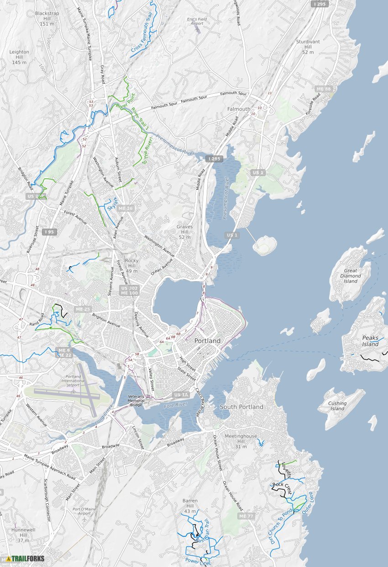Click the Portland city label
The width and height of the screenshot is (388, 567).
[x=207, y=341]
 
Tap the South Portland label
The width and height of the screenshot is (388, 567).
[x=241, y=407]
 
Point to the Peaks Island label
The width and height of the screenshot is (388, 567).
[x=371, y=341]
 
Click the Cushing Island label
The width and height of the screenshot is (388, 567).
[x=337, y=406]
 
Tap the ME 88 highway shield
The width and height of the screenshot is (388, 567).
[x=323, y=89]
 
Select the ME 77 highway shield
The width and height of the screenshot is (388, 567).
[x=246, y=516]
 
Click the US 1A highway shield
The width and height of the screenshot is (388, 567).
[x=181, y=395]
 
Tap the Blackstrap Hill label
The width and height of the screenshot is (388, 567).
[x=47, y=18]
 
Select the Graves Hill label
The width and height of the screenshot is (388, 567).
[x=184, y=232]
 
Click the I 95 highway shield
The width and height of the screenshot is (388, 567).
[x=49, y=232]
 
